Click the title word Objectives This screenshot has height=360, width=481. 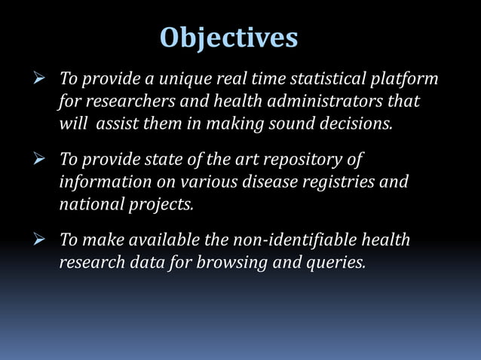coord(229,37)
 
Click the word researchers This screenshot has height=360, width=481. coord(122,101)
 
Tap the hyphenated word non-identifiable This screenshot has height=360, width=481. coord(284,240)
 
